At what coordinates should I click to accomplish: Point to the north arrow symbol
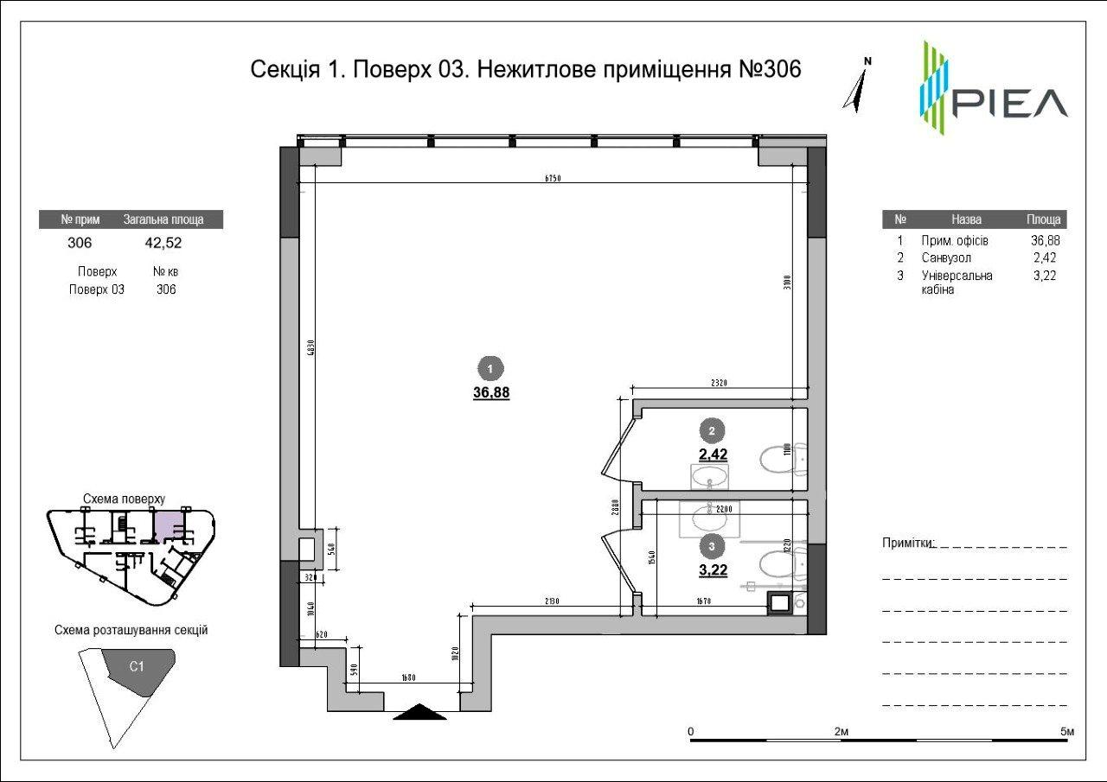[859, 86]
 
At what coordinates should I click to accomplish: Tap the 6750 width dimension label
[553, 179]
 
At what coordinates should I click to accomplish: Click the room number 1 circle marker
[490, 369]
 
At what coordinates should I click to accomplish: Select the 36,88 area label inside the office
[490, 391]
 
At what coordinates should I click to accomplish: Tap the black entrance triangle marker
[419, 712]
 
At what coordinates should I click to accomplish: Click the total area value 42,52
[163, 243]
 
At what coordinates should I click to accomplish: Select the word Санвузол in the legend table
[946, 257]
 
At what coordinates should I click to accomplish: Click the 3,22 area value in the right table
[1045, 276]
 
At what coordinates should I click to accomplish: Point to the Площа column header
[1043, 219]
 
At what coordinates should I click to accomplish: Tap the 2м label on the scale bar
[841, 732]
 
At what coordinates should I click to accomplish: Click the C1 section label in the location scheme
[136, 666]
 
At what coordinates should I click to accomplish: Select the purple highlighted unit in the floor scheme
[169, 524]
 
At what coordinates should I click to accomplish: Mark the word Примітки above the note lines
[907, 543]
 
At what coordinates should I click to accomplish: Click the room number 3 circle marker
[711, 545]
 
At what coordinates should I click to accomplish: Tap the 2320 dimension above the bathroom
[717, 382]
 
